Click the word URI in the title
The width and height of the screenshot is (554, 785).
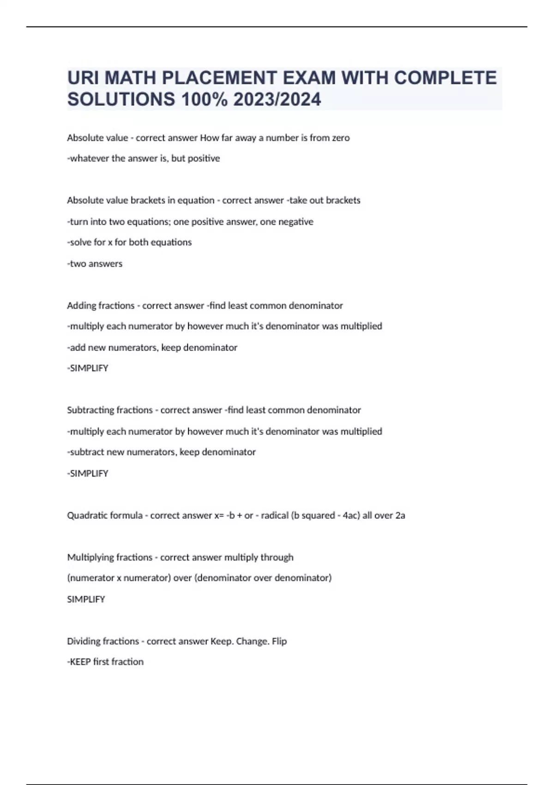point(83,78)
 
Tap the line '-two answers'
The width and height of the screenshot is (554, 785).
point(95,264)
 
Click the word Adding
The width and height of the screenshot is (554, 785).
point(81,306)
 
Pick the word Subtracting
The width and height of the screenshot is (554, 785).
point(90,410)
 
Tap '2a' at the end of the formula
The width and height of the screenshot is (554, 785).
point(400,515)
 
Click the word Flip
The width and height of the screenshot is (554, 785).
point(279,641)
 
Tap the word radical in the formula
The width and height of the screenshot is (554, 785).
point(274,515)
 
